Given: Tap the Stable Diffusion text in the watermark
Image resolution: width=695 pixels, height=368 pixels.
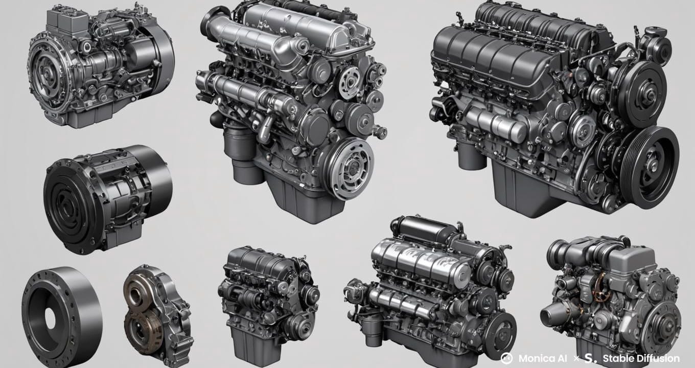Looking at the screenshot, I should [x=641, y=358].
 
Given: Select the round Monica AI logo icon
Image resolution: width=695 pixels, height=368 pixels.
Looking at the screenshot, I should [x=506, y=358].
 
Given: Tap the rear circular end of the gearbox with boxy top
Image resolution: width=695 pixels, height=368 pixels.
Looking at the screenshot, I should [x=163, y=56].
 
